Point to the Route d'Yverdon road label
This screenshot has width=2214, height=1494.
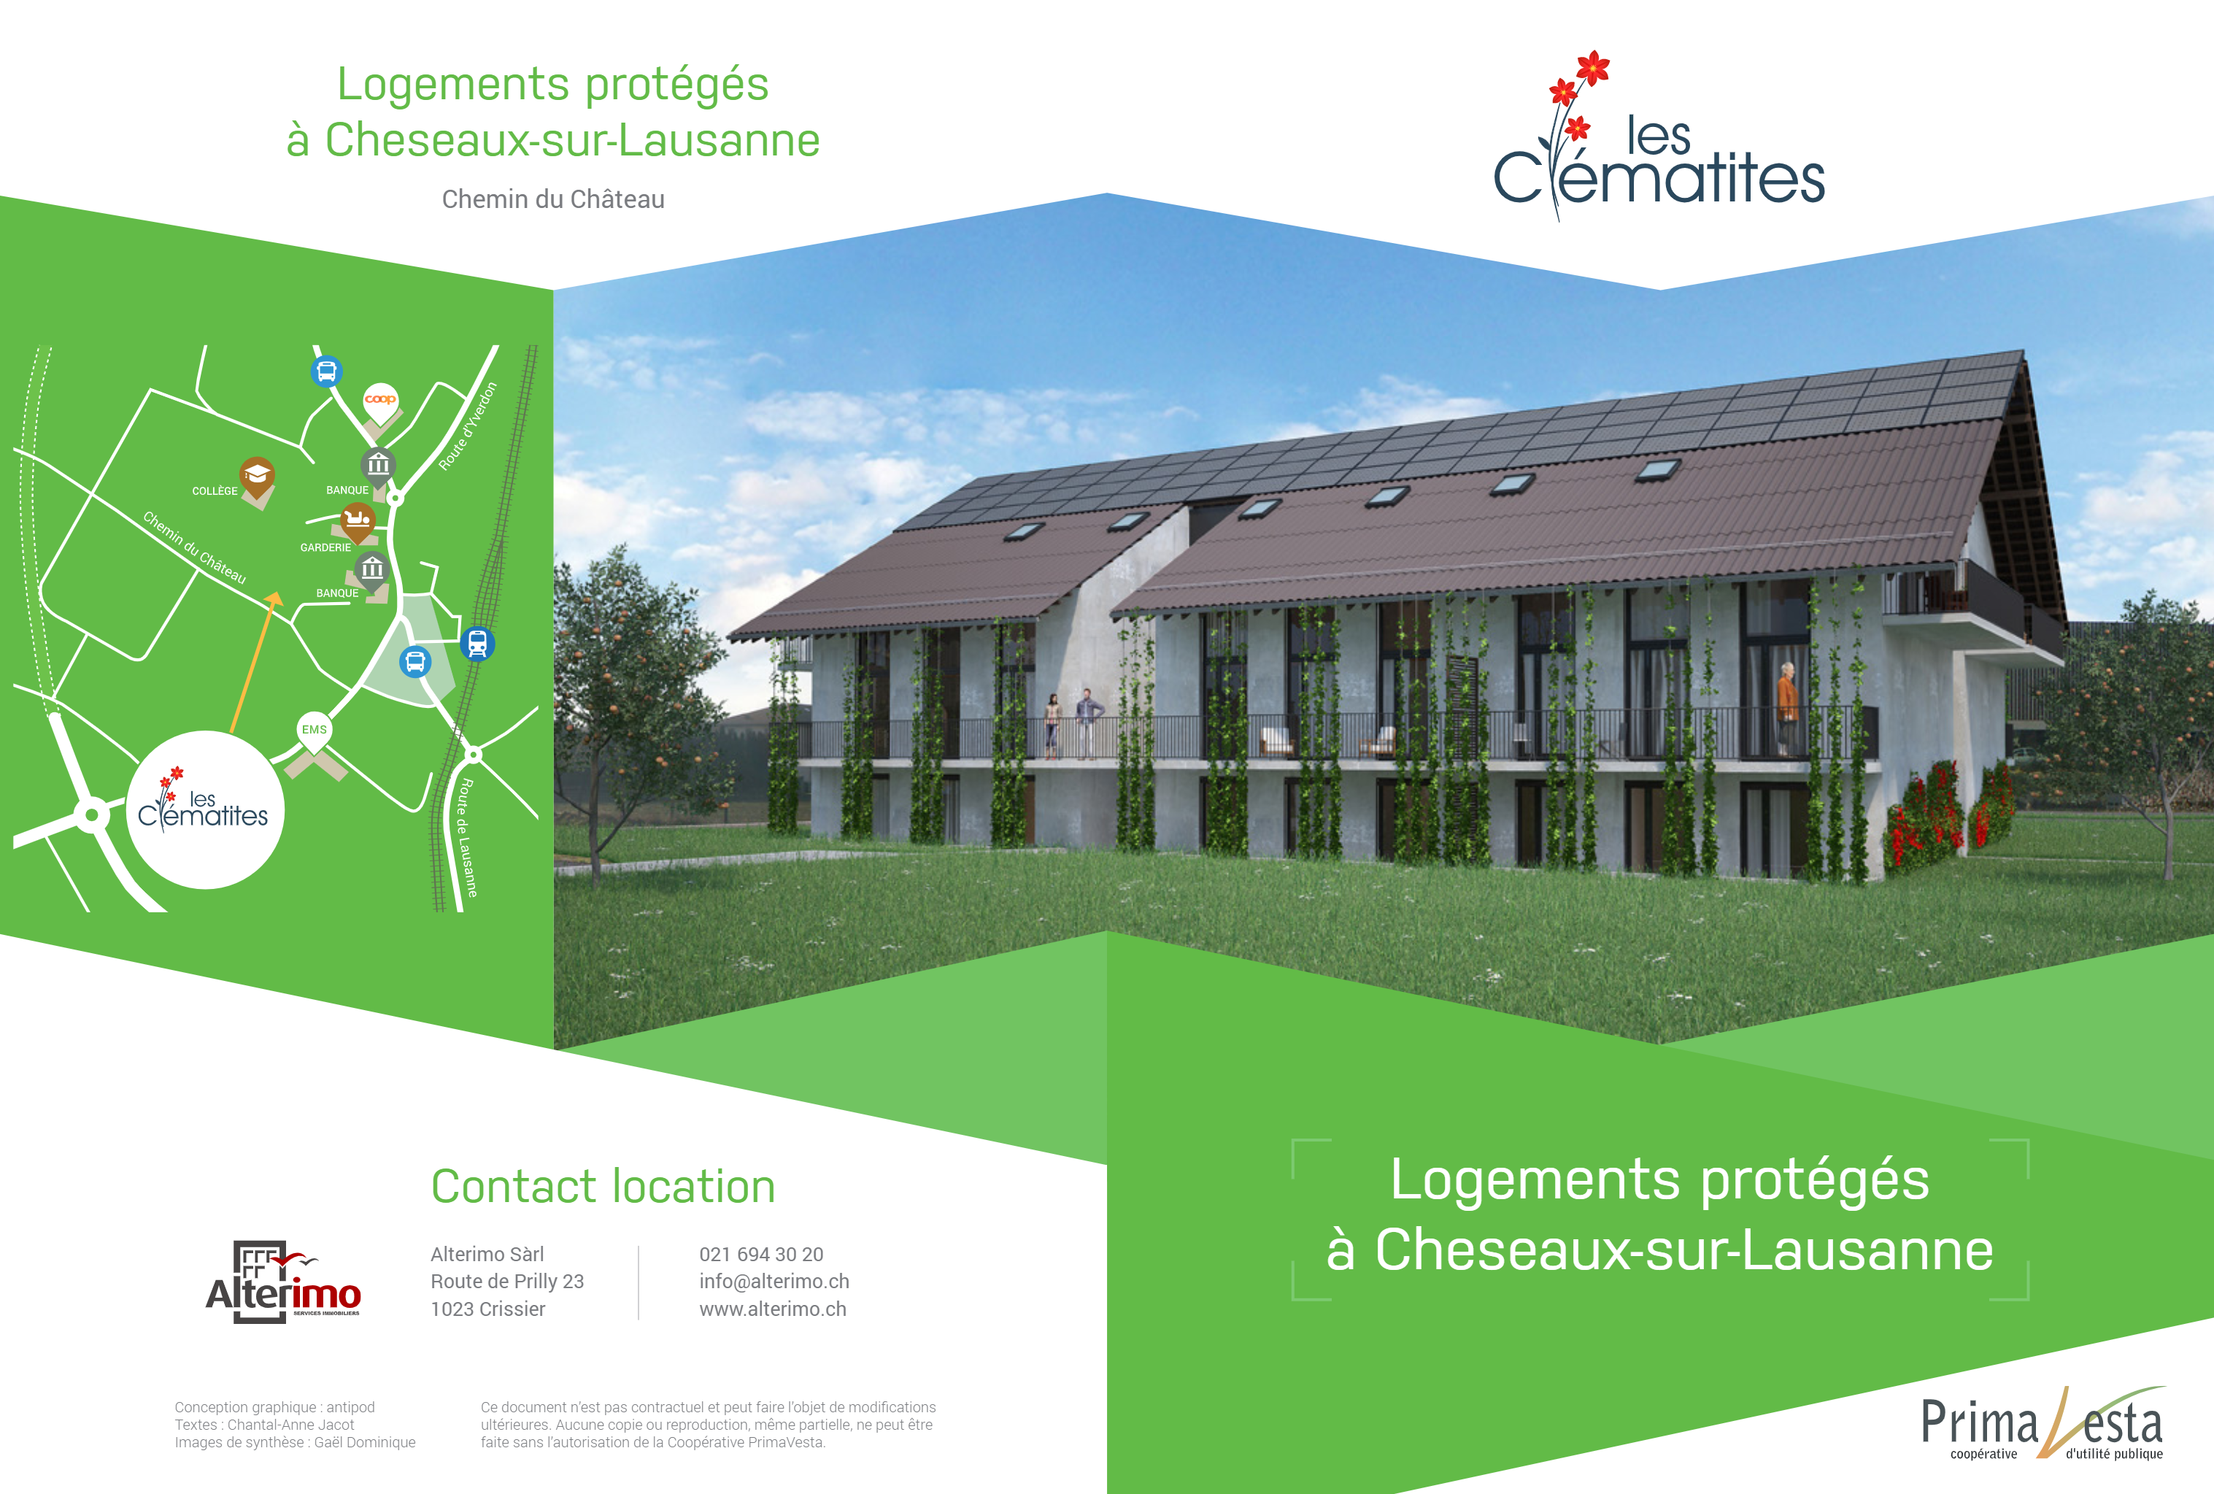click(468, 426)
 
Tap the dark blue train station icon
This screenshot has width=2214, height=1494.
click(477, 644)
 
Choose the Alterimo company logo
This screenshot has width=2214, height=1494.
click(284, 1282)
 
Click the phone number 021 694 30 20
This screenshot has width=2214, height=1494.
click(761, 1255)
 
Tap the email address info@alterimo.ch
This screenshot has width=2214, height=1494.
click(774, 1282)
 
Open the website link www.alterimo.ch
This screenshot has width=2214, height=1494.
click(773, 1309)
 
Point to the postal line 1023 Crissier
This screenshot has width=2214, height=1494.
click(487, 1309)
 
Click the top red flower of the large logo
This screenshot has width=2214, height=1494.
click(1593, 68)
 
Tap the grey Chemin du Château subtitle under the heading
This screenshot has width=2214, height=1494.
click(553, 199)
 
